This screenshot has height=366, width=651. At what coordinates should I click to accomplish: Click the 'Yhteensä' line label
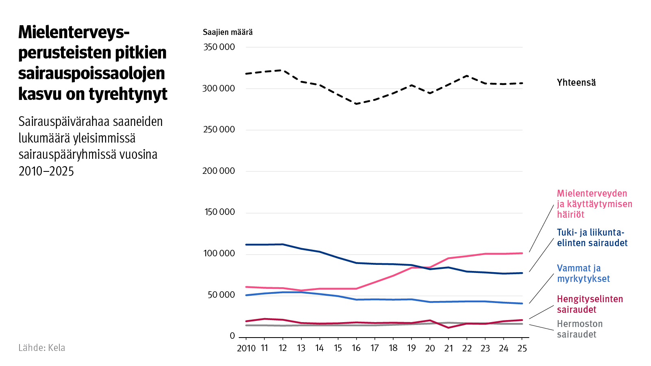point(576,82)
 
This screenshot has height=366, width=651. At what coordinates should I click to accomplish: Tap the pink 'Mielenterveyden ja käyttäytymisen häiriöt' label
point(594,204)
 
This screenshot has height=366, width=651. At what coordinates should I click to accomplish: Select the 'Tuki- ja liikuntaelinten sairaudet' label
point(592,238)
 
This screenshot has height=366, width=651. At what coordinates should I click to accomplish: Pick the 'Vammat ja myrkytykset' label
point(583,273)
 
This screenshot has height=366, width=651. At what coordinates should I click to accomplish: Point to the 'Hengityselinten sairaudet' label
point(590,304)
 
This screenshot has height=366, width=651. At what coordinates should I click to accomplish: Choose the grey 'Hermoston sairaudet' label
point(579,329)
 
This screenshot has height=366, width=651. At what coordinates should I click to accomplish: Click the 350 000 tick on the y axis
point(219,47)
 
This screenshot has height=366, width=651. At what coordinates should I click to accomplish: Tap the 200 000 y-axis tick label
point(219,171)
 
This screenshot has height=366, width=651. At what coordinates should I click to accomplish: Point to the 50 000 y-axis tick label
point(221,295)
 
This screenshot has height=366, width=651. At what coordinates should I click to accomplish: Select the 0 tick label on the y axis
point(232,336)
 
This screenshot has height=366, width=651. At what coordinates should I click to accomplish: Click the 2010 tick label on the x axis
point(246,349)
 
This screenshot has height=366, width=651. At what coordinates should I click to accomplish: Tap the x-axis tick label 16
point(356,349)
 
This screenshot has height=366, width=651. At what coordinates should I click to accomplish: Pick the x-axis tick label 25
point(522,349)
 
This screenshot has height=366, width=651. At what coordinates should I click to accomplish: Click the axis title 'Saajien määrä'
point(228,32)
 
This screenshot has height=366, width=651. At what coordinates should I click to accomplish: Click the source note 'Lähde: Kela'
point(41,348)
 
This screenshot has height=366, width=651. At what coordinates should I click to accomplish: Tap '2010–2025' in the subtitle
point(46,171)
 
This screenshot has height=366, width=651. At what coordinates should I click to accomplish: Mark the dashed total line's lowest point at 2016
point(357,104)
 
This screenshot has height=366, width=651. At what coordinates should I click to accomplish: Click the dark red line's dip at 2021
point(449,327)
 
